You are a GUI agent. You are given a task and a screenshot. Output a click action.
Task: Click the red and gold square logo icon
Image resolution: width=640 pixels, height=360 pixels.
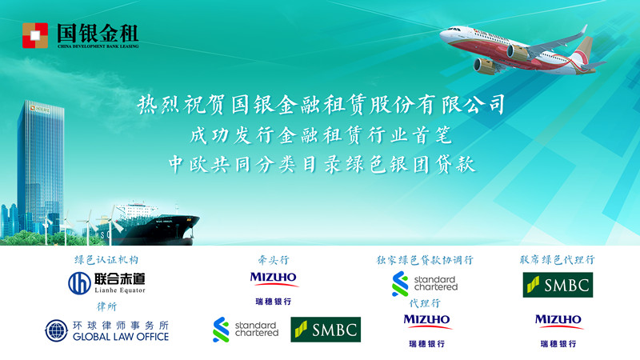(x=35, y=35)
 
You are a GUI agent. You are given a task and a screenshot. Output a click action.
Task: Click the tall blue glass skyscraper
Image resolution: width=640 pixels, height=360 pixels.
(x=40, y=163)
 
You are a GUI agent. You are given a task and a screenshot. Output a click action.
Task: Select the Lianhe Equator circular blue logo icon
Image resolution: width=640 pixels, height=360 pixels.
(x=79, y=283)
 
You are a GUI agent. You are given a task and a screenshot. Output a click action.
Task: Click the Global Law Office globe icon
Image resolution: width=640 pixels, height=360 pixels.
(x=56, y=330)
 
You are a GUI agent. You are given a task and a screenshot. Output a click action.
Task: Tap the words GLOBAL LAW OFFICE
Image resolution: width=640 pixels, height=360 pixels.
(x=121, y=337)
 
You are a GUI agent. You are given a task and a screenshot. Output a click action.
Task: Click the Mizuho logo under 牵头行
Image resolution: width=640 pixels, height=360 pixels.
(x=274, y=289)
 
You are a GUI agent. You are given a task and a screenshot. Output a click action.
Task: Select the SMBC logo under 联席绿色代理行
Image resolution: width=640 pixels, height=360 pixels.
(x=558, y=285)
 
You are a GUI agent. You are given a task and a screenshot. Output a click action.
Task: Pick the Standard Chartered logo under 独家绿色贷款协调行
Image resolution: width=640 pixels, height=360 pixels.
(x=425, y=284)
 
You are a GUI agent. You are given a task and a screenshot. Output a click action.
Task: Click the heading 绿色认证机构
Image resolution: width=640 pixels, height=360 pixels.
(x=106, y=260)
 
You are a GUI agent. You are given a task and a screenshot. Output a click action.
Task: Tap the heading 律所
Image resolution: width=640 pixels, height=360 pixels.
(x=106, y=306)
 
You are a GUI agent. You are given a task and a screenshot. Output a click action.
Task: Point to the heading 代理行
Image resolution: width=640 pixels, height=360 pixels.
(x=425, y=303)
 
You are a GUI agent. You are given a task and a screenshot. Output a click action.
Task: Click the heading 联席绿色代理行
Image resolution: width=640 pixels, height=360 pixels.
(x=558, y=260)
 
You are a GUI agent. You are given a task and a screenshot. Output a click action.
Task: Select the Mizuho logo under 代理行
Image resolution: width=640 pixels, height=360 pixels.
(x=427, y=330)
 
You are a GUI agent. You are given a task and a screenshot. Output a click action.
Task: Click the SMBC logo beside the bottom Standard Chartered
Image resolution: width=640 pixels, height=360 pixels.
(x=326, y=330)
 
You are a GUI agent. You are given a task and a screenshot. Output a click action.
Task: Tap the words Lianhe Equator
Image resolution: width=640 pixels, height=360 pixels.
(x=120, y=290)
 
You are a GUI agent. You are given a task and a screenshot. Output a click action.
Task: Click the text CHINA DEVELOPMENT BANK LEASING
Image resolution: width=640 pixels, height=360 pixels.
(x=98, y=46)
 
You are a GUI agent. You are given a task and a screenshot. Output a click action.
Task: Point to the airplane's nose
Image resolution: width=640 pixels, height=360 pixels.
(x=442, y=34)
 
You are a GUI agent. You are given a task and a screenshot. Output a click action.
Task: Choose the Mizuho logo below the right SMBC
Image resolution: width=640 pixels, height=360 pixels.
(x=559, y=330)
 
